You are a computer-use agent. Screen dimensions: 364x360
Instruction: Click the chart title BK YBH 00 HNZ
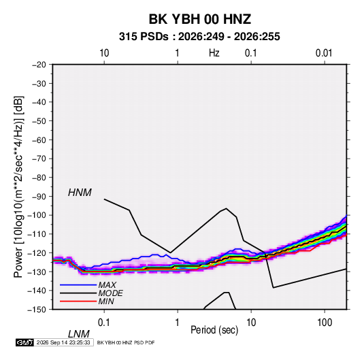199,19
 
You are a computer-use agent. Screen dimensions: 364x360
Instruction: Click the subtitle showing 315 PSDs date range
199,37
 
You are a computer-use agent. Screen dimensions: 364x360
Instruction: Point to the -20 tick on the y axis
39,65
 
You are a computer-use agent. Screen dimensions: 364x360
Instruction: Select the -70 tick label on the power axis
39,159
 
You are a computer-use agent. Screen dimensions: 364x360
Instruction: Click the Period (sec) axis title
214,330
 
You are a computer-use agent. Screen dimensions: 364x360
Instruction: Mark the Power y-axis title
18,187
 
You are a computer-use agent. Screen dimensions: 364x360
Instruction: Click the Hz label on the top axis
214,53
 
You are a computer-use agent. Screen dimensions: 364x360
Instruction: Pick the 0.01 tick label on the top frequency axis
324,53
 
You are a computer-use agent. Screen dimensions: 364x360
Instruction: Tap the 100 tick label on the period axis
325,323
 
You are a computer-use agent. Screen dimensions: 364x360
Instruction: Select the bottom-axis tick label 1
177,323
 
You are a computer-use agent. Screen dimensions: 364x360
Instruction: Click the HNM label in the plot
80,193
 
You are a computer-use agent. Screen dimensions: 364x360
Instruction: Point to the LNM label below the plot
78,334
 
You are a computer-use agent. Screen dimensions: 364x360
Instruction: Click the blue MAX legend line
78,285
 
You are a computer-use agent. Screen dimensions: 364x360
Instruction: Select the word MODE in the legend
110,293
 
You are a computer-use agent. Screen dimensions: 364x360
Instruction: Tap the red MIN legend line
78,301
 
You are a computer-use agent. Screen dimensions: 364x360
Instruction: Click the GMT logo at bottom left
24,342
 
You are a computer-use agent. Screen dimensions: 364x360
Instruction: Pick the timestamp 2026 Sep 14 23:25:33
63,342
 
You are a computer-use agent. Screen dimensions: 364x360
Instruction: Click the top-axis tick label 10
104,53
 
